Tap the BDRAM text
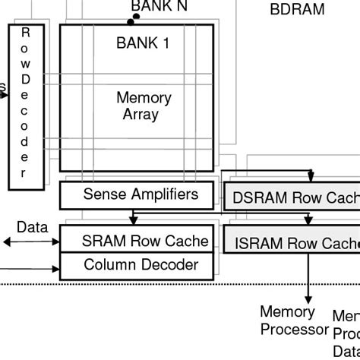297,10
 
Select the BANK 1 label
143,43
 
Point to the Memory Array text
143,106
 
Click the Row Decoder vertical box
26,106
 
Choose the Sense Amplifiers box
140,195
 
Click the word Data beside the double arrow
33,227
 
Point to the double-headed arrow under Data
31,242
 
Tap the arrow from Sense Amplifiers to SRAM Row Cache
133,217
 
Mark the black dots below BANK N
134,18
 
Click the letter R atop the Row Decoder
26,33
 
